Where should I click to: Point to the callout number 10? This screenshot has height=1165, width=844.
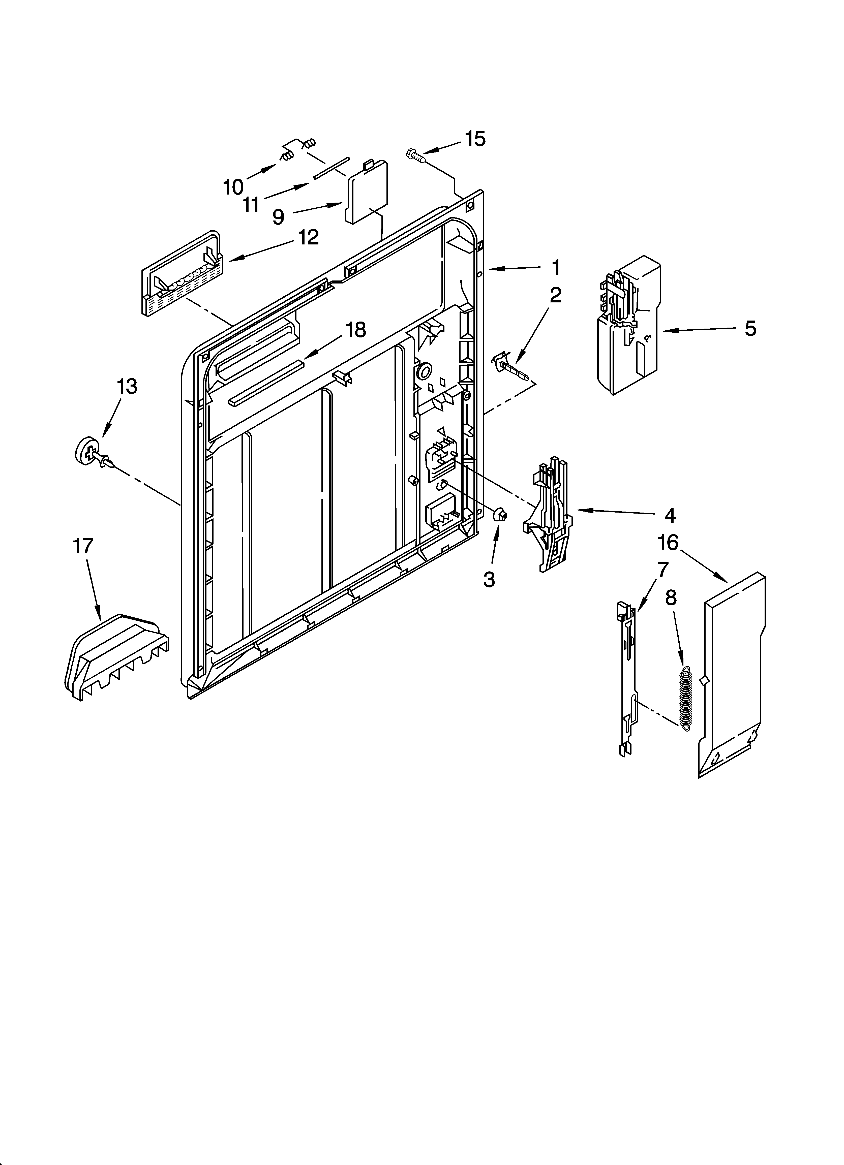pyautogui.click(x=233, y=187)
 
